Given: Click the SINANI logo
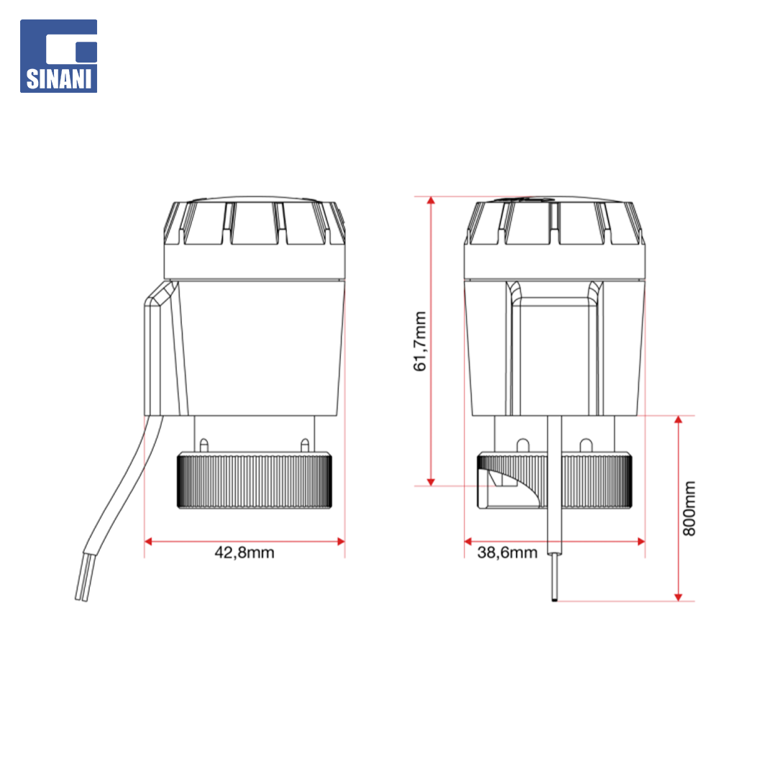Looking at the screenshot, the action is (58, 56).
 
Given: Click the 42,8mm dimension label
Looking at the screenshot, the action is (245, 553).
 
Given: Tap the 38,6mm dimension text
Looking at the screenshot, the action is (507, 553).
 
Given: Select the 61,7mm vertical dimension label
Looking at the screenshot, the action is (419, 341).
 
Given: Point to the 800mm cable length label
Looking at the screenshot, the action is (689, 509).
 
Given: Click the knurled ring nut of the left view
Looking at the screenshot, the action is (255, 480).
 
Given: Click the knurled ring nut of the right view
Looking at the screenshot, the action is (555, 480).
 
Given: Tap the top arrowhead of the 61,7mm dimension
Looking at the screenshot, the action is (431, 201).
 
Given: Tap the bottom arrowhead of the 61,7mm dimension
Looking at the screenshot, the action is (431, 481).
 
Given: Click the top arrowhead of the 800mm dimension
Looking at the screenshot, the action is (678, 419).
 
